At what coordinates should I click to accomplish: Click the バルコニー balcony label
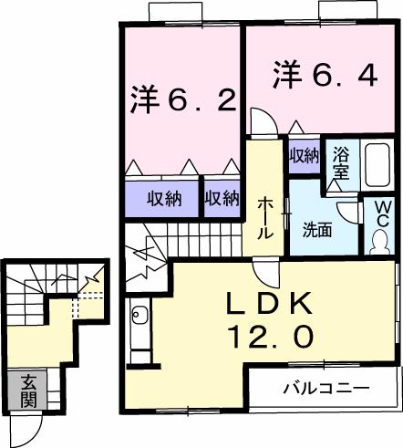point(319,388)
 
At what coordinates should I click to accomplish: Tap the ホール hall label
point(264,218)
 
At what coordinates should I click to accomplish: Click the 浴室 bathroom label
point(341,161)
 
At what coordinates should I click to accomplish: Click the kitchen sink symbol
point(139,318)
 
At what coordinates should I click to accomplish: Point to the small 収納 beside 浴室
point(304,156)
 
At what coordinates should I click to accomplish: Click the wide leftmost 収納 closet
point(160,197)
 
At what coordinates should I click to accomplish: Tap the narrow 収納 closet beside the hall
point(221,197)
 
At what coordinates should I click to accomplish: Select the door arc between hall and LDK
point(264,268)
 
